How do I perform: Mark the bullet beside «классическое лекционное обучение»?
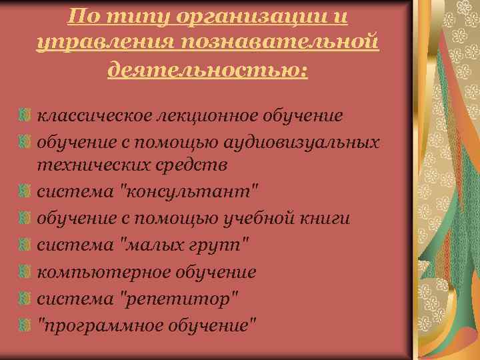pos(25,116)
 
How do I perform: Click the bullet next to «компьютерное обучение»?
pos(25,272)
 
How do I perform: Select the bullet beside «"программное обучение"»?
pos(25,324)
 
